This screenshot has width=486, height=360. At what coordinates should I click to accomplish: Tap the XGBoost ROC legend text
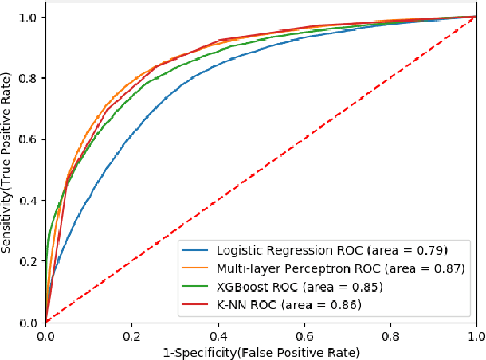[299, 287]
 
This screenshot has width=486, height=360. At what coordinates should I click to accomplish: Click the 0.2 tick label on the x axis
[131, 336]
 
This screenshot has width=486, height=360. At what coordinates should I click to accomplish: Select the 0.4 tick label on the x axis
[218, 336]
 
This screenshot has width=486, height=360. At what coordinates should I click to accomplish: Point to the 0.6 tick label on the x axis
[304, 336]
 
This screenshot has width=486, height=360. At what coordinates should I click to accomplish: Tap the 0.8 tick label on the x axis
[390, 336]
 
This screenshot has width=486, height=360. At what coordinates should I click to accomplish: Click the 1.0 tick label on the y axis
[29, 17]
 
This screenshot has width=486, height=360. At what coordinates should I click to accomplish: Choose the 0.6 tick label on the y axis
[29, 139]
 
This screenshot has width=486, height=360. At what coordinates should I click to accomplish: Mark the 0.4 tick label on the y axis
[29, 200]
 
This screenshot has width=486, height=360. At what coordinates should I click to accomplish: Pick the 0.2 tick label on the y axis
[29, 261]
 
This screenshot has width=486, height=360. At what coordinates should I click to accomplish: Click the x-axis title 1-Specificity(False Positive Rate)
[261, 351]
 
